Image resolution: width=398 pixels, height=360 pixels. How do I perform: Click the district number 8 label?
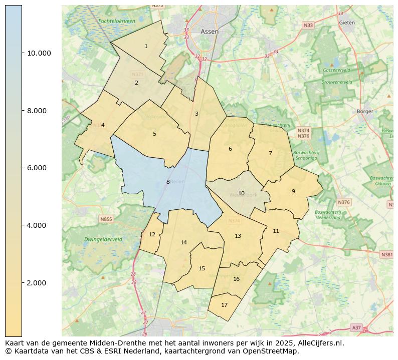(x=168, y=182)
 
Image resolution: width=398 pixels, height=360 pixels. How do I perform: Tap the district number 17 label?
(x=224, y=305)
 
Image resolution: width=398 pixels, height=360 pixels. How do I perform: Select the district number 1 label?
(x=146, y=46)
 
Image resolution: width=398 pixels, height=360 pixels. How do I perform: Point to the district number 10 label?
(x=241, y=193)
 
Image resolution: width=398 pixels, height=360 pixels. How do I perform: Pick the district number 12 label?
(x=152, y=234)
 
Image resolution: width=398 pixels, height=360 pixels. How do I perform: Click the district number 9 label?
(x=293, y=191)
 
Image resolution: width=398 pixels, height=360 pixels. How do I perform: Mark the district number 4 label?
(x=103, y=125)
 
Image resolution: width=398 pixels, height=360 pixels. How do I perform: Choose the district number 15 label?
(x=202, y=268)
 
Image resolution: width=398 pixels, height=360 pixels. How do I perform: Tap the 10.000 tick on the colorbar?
(x=39, y=53)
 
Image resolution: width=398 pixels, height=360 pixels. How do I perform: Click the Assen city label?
(x=210, y=31)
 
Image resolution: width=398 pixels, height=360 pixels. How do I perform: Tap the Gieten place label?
(x=347, y=23)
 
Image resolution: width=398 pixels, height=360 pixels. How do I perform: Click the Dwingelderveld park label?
(x=103, y=239)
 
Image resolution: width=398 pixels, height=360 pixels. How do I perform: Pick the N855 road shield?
(x=106, y=219)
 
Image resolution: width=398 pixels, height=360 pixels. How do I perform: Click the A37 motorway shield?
(x=356, y=327)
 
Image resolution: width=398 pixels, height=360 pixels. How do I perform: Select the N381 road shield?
(x=387, y=254)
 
